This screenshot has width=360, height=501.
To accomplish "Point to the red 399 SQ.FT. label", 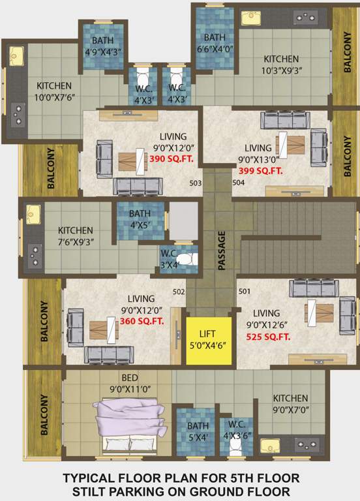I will pos(261,170).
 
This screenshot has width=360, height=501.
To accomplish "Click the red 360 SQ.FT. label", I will pos(142,321).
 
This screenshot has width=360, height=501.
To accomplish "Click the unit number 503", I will pos(195,183).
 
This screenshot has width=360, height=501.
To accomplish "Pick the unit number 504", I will pos(238,183).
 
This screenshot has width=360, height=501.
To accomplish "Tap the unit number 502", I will pos(179,292).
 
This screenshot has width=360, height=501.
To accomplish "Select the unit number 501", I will pos(245,291).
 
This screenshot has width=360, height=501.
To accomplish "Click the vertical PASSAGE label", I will pos(222,250).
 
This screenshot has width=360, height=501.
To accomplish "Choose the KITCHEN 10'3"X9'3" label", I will pos(282,65).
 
